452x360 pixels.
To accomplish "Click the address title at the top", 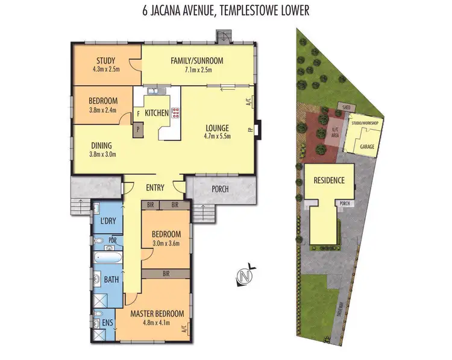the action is [x=225, y=11].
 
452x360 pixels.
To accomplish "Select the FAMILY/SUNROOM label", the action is [x=196, y=60].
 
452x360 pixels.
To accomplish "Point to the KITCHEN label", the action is [x=156, y=112].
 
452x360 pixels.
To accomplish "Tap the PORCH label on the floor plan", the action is [x=221, y=189].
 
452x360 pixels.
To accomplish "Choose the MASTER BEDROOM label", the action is [x=157, y=314].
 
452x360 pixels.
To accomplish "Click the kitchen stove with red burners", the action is [x=176, y=112].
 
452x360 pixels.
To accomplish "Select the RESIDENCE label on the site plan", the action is [x=328, y=180].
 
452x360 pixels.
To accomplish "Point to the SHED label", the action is [x=346, y=109].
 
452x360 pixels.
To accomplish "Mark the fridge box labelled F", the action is [x=138, y=113].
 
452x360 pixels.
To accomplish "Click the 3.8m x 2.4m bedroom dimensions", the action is [x=102, y=110].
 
